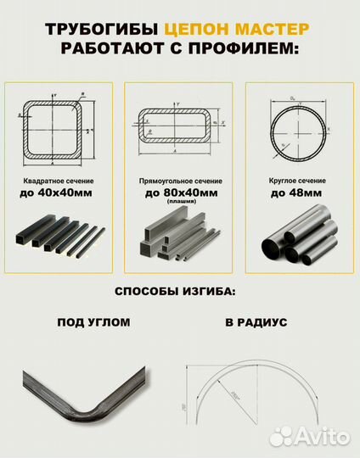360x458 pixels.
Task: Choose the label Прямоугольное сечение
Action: coord(180,182)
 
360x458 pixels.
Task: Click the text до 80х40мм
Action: coord(180,193)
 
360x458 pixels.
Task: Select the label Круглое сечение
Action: coord(300,182)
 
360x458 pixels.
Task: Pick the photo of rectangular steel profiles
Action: coord(179,237)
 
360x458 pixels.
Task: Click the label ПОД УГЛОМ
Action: coord(94,323)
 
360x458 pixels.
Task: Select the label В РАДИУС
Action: coord(256,323)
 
